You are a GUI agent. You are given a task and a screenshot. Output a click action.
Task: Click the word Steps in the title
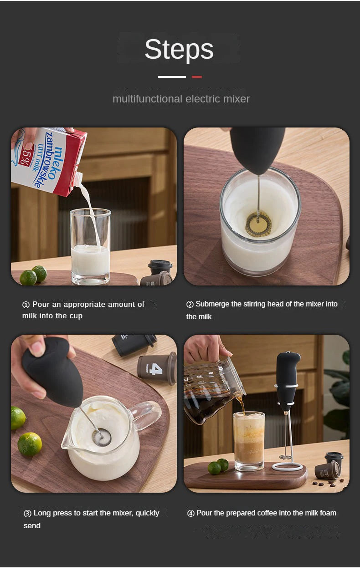[x=179, y=50]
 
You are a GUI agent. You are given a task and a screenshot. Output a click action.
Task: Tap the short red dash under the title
[x=196, y=77]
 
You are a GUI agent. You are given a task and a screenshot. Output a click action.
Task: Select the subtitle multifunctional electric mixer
[x=181, y=99]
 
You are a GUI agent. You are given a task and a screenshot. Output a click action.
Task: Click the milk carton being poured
[x=50, y=159]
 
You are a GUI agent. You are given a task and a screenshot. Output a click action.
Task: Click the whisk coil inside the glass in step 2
[x=258, y=224]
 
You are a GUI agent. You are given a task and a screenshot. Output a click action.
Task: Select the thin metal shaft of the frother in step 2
[x=258, y=196]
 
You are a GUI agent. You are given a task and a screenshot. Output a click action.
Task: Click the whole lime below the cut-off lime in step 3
[x=30, y=444]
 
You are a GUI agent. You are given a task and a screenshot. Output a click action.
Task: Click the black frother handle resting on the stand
[x=288, y=378]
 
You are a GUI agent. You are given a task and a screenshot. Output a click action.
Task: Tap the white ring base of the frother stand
[x=287, y=466]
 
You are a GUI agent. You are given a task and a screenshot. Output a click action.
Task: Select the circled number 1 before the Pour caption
[x=26, y=305]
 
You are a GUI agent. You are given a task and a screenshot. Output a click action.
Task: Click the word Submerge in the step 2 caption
[x=212, y=304]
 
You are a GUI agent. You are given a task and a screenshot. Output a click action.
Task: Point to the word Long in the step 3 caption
[x=41, y=513]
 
